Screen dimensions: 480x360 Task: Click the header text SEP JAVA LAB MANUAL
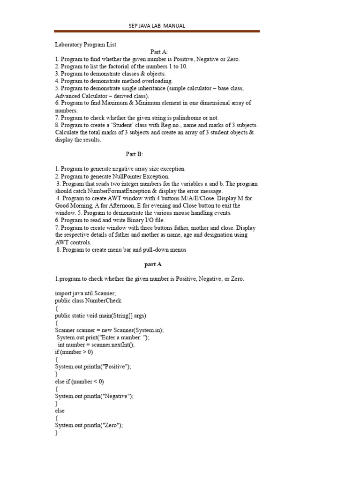[x=157, y=26]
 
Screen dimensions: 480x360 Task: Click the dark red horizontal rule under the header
[x=157, y=31]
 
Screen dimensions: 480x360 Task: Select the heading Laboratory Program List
[x=85, y=45]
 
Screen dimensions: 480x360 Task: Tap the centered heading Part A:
[x=159, y=52]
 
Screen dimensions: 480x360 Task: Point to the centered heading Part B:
[x=134, y=154]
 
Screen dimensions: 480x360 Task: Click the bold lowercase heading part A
[x=153, y=264]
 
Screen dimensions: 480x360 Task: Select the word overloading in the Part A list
[x=158, y=81]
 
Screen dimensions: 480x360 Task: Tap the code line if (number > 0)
[x=74, y=352]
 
